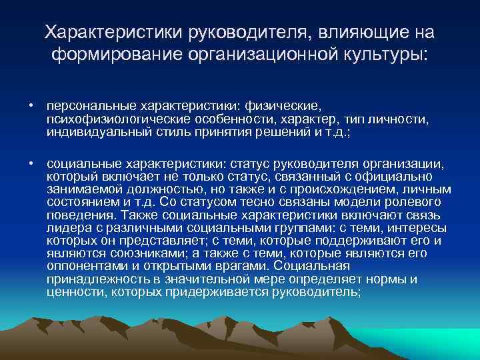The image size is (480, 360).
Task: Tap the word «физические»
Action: (x=284, y=105)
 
